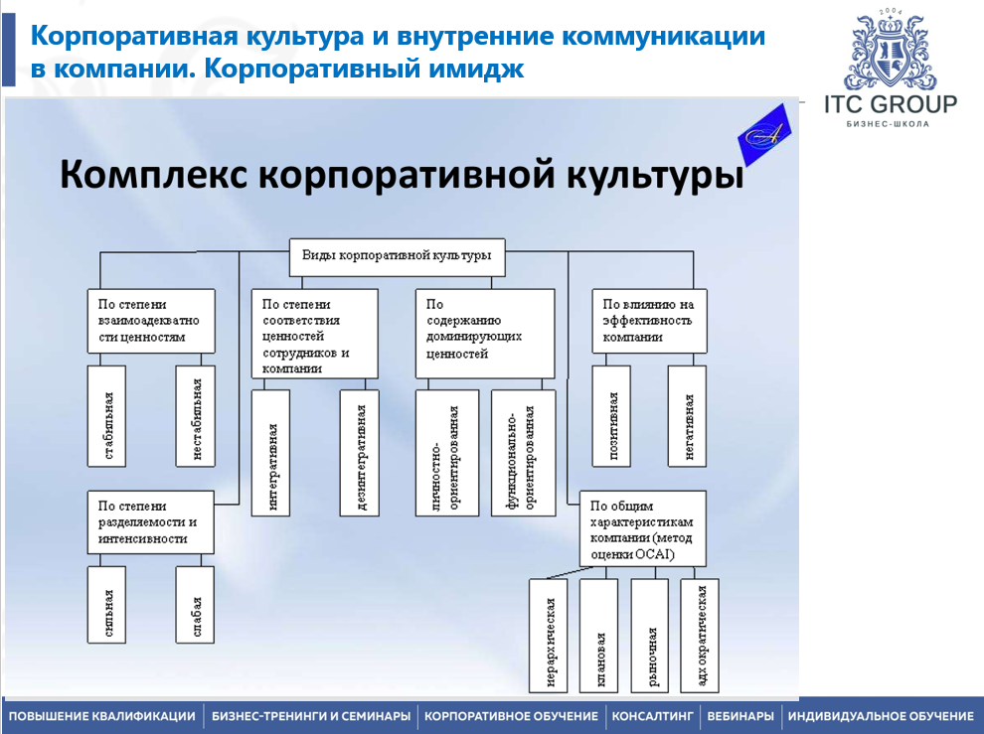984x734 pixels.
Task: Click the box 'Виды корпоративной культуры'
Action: point(397,255)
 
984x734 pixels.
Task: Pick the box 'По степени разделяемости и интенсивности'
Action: point(151,522)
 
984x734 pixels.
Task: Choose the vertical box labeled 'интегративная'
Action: point(271,452)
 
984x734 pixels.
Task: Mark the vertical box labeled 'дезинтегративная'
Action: point(359,452)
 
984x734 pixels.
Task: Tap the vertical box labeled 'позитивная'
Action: point(613,415)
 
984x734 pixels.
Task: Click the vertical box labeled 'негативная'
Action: point(688,415)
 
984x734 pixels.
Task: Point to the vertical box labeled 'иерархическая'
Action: point(551,636)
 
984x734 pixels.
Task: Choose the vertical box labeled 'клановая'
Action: point(600,636)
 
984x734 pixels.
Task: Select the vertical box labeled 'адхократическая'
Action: point(701,636)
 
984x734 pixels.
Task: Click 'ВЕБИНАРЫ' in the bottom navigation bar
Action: point(739,716)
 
